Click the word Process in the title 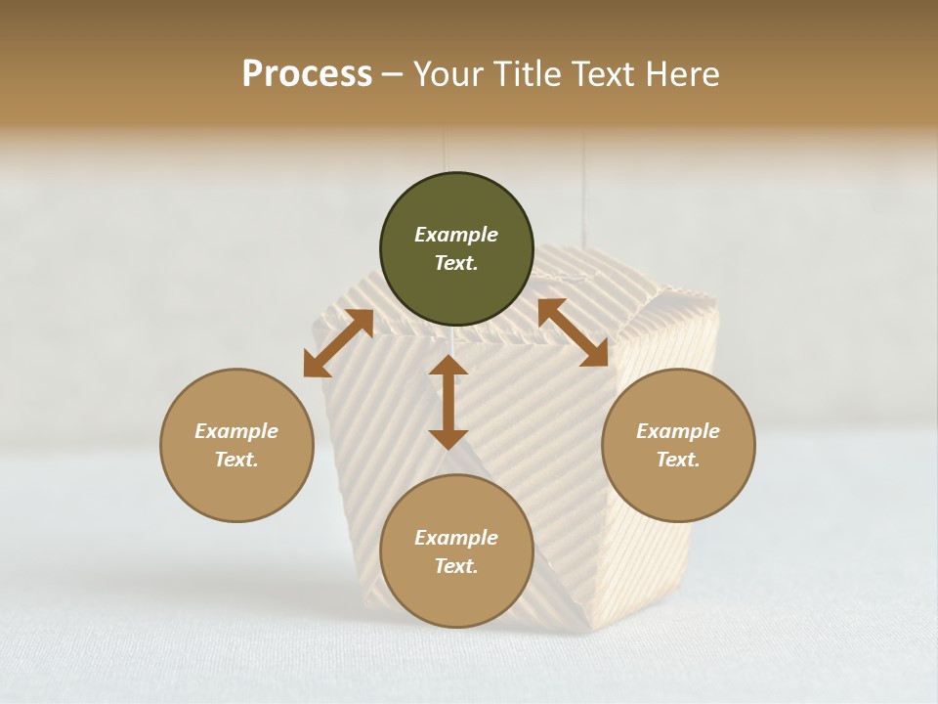[307, 74]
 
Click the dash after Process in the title [393, 76]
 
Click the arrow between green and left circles [338, 343]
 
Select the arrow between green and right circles [573, 332]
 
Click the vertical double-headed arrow [448, 402]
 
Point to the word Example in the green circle [456, 235]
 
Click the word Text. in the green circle [456, 263]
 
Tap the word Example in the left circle [236, 431]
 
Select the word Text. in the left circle [236, 460]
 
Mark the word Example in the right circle [678, 431]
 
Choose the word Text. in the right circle [678, 460]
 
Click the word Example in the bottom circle [456, 538]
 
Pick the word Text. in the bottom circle [456, 566]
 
